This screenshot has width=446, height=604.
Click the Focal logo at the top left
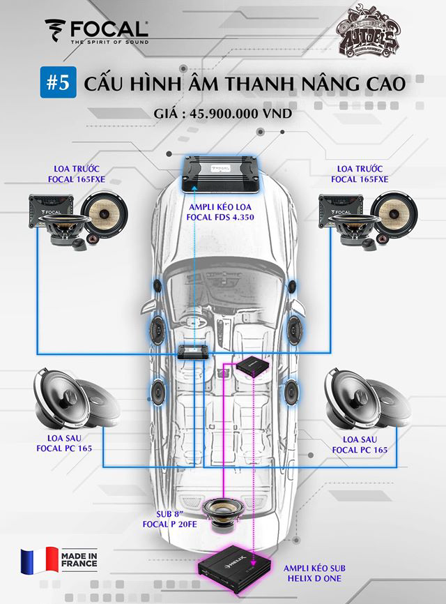coord(96,31)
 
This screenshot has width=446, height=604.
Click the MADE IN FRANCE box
coord(79,561)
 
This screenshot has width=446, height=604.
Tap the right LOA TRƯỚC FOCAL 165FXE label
coord(362,174)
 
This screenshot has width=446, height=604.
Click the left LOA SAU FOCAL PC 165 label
coord(65,444)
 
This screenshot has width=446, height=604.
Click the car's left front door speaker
coord(157,326)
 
